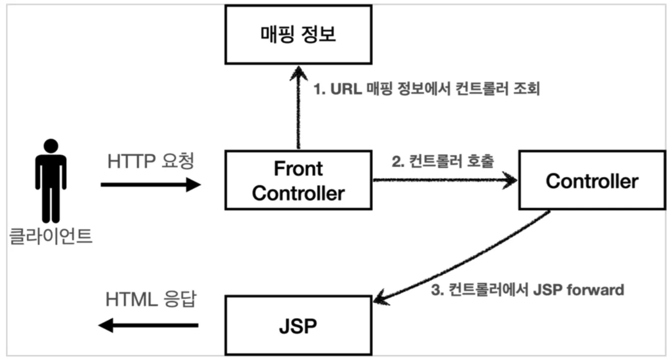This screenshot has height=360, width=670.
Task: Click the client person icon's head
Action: tap(51, 146)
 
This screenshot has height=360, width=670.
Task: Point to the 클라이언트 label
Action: tap(51, 236)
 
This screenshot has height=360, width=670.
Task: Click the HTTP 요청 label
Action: tap(151, 161)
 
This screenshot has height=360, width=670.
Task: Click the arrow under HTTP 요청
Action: tap(151, 184)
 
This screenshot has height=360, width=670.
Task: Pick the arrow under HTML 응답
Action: tap(149, 325)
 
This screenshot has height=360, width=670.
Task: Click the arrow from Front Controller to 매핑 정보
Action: tap(298, 107)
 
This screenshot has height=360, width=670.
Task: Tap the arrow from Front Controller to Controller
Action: tap(445, 180)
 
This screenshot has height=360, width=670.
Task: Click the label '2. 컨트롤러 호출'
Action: tap(443, 161)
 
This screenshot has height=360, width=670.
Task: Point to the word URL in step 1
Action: tap(346, 89)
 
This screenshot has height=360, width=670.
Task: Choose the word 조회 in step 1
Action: tap(527, 89)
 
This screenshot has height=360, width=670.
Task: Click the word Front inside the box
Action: tap(298, 169)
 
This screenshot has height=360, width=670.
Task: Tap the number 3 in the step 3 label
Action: tap(436, 290)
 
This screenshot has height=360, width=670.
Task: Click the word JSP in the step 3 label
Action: tap(547, 290)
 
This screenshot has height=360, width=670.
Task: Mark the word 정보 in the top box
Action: tap(318, 35)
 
